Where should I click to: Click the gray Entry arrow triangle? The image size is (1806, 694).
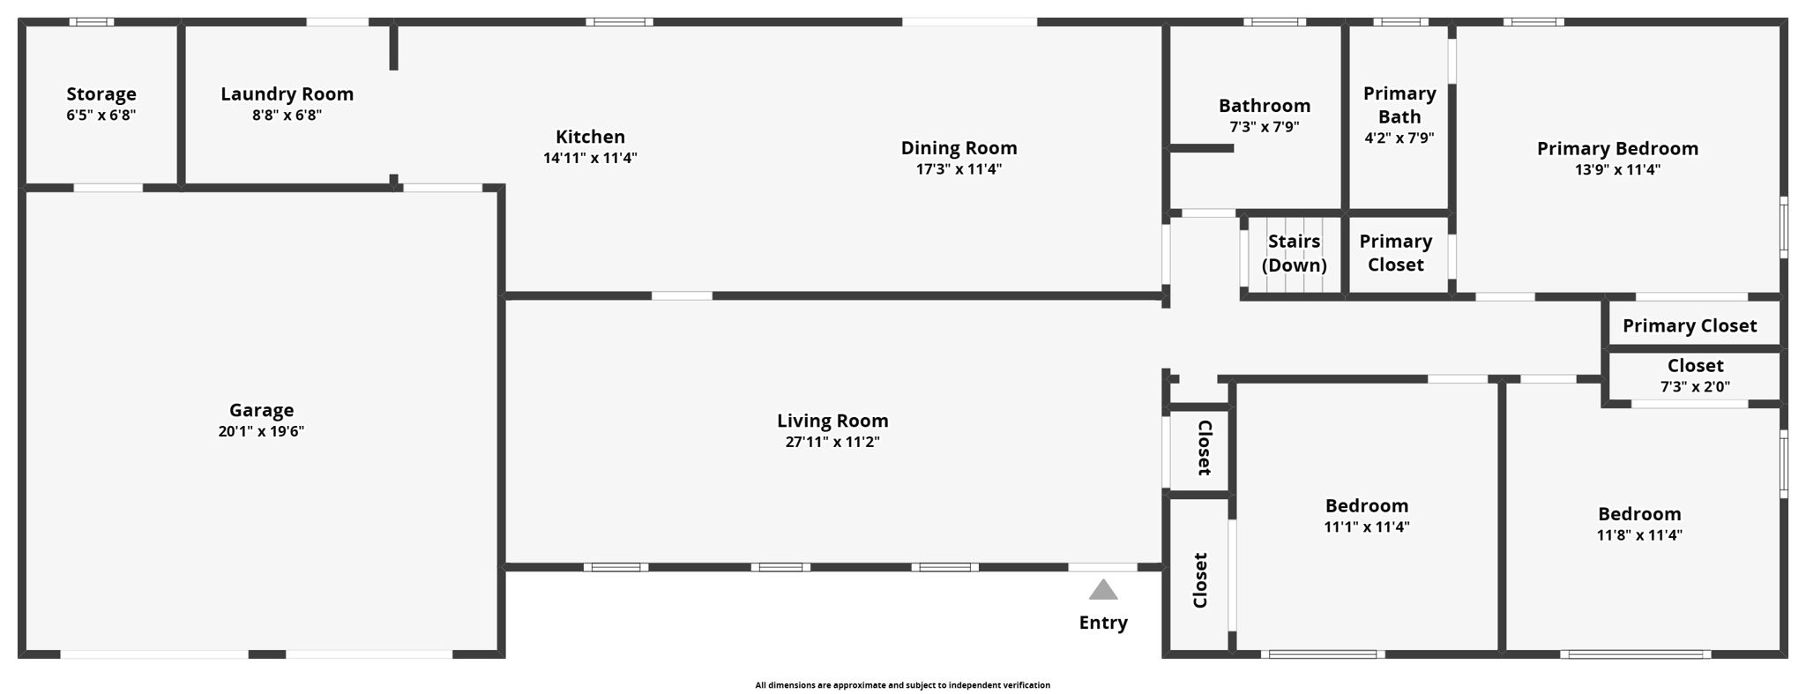1102,590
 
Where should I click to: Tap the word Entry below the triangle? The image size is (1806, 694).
1103,623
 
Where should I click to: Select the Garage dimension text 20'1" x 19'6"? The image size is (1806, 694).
261,431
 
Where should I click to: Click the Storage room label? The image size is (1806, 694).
101,93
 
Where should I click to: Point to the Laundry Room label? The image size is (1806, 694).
287,93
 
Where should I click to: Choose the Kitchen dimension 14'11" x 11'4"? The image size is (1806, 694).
590,158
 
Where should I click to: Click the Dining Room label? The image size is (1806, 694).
959,147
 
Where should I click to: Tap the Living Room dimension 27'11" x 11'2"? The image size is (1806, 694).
832,442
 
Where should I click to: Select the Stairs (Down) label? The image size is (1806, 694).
1294,253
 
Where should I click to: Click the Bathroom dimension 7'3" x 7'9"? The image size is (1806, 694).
1264,127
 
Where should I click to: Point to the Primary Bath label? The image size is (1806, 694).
1399,105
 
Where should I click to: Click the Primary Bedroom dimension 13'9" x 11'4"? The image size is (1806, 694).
1617,169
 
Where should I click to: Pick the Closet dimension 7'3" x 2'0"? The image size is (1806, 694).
1695,386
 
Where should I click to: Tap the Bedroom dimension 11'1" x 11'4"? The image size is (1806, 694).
1366,526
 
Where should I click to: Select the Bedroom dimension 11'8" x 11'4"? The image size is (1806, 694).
1639,534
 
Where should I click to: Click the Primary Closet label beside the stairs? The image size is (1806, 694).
1395,253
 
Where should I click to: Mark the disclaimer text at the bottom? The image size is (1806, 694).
902,685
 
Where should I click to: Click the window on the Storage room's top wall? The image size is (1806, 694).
92,22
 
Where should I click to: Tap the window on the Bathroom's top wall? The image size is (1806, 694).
1274,22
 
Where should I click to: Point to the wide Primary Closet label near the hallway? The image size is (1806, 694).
1690,325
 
